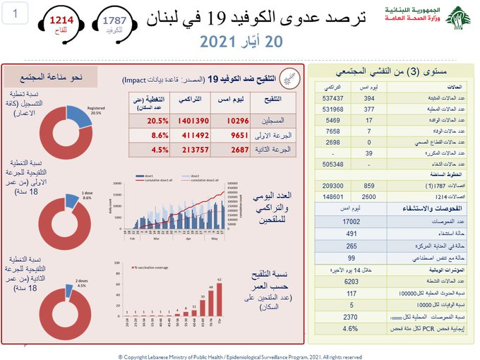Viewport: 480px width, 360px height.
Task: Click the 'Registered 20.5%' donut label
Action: (95, 109)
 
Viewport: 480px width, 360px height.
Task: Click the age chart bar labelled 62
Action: (219, 301)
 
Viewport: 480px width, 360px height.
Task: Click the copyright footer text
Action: (240, 356)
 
